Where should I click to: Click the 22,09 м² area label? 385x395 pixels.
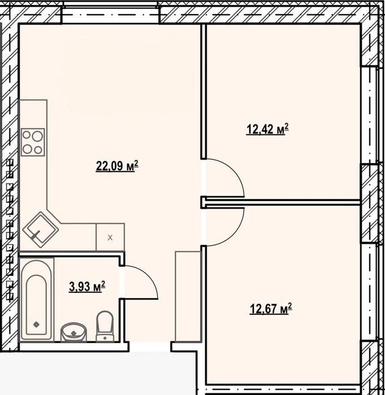117,166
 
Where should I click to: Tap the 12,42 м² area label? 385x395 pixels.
267,129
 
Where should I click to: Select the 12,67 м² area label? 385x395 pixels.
271,309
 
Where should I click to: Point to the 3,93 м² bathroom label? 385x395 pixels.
87,287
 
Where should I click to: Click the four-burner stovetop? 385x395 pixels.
33,142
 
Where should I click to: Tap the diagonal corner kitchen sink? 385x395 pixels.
40,230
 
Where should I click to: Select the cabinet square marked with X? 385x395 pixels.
110,237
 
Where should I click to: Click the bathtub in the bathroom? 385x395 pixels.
37,300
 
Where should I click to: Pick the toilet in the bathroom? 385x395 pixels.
105,326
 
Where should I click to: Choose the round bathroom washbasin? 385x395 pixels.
73,332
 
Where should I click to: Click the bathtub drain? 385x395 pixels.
36,324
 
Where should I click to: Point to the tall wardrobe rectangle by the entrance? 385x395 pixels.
188,296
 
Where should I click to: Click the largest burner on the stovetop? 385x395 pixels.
37,137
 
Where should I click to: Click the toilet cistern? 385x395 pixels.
105,338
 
